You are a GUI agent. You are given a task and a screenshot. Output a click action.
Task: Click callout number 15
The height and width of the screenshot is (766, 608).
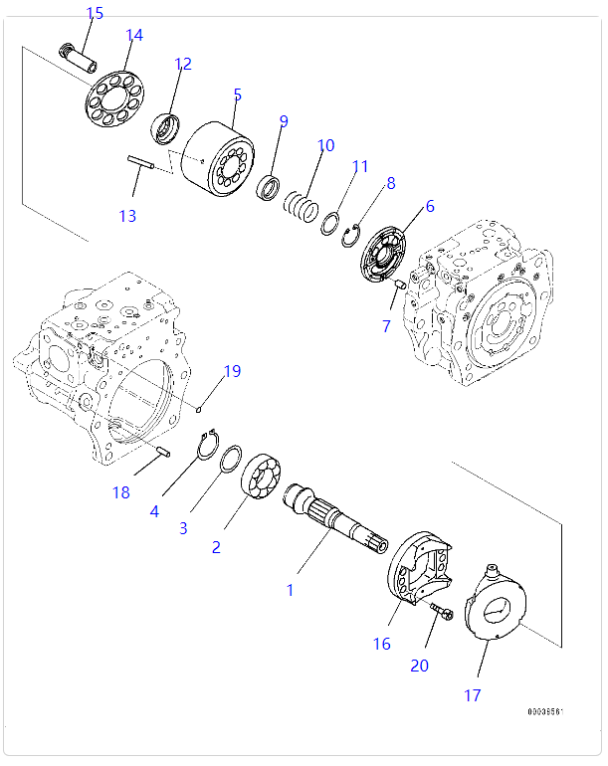point(95,13)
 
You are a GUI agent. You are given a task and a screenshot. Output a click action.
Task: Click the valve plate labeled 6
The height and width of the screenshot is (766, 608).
point(387,258)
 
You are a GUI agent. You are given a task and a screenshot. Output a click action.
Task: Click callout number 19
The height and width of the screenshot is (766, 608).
point(232,372)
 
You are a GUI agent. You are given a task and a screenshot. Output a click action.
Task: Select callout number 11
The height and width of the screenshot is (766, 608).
point(360,166)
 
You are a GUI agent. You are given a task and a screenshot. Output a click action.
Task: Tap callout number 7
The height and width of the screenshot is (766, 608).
point(386,326)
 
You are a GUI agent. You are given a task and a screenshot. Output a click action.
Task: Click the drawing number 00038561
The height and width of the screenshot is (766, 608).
point(546,712)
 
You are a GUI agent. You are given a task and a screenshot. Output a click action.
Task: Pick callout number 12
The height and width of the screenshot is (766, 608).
point(182,64)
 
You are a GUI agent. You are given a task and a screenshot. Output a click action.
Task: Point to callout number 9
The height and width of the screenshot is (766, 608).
point(284,121)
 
